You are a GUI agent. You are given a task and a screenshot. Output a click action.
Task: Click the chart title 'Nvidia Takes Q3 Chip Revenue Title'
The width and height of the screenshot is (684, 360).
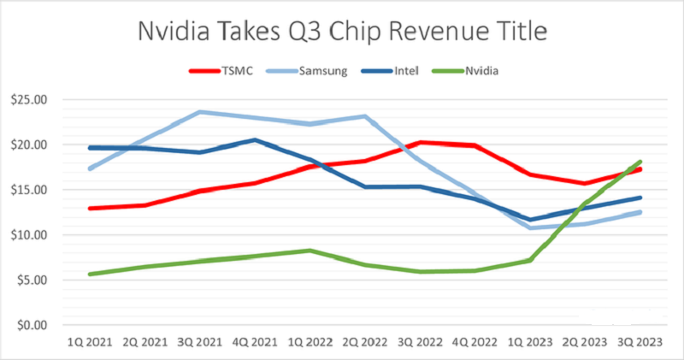pyautogui.click(x=341, y=32)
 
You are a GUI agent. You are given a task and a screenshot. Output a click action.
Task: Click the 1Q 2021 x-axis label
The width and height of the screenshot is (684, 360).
pyautogui.click(x=89, y=342)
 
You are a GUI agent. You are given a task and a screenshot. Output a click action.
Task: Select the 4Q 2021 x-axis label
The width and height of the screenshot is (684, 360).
pyautogui.click(x=254, y=342)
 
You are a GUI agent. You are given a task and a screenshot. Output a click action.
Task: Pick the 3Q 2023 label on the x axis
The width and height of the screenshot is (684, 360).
pyautogui.click(x=640, y=342)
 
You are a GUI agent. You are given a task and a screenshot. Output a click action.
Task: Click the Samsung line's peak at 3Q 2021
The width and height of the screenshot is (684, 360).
pyautogui.click(x=199, y=112)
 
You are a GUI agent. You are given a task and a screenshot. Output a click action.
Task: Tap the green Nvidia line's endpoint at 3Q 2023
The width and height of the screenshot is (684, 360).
pyautogui.click(x=640, y=162)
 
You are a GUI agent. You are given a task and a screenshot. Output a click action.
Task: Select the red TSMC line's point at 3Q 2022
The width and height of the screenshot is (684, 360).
pyautogui.click(x=420, y=143)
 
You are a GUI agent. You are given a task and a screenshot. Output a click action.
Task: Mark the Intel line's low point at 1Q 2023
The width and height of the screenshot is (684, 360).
pyautogui.click(x=530, y=220)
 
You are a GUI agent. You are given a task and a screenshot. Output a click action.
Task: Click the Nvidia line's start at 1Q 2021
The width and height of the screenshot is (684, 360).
pyautogui.click(x=89, y=274)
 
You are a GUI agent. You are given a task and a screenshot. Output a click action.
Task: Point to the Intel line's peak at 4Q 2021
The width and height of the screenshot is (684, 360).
pyautogui.click(x=254, y=140)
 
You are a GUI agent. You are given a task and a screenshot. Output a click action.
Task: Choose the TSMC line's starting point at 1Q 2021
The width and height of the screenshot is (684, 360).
pyautogui.click(x=89, y=208)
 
